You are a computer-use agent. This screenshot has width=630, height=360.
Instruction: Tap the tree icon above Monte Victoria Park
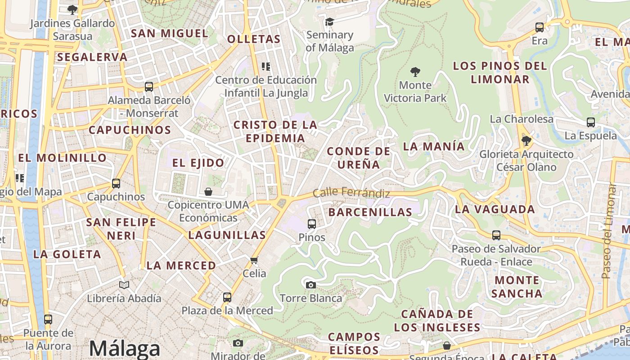[415, 72]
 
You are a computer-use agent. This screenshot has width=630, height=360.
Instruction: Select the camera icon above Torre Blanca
[310, 285]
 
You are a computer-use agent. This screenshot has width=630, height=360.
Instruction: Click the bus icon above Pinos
[311, 224]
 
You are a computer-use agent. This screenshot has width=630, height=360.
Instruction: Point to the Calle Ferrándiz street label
[351, 193]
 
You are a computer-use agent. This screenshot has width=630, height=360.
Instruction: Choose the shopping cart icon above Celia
[254, 261]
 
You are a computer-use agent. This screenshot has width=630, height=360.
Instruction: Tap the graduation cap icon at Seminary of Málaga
[329, 22]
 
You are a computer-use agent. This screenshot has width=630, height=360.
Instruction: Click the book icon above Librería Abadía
[124, 285]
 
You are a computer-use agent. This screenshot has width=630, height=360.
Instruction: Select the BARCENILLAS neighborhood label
[370, 212]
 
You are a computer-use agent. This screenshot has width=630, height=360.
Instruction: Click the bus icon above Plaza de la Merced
[227, 297]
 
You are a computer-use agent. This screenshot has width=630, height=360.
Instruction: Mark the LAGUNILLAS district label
[227, 235]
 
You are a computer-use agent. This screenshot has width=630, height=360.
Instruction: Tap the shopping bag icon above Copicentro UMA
[208, 192]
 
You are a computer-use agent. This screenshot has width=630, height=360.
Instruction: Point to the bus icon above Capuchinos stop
[116, 184]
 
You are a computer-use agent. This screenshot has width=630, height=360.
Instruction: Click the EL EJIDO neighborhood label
[198, 163]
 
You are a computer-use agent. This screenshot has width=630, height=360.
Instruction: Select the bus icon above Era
[540, 27]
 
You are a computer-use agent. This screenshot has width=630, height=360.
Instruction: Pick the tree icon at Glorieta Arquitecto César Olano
[526, 141]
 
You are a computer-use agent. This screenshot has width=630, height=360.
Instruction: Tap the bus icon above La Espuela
[591, 122]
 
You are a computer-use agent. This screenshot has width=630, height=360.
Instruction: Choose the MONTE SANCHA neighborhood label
[517, 287]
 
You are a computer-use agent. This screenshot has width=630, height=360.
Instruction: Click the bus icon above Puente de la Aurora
[48, 319]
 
